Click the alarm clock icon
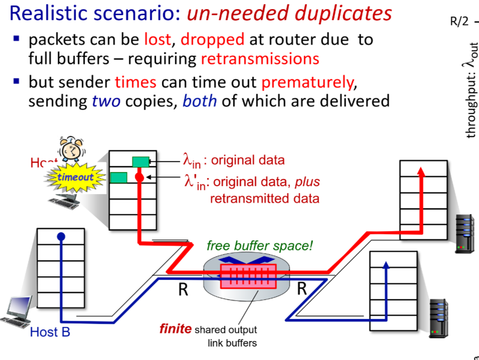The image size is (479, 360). click(71, 150)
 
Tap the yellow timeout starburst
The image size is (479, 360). click(75, 177)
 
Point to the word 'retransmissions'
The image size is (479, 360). click(260, 59)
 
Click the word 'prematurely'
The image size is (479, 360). click(307, 81)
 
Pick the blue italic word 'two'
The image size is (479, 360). click(106, 101)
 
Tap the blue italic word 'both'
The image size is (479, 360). click(199, 101)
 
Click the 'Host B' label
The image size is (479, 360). click(50, 332)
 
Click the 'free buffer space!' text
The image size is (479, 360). click(260, 246)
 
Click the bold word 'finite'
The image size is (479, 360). click(175, 329)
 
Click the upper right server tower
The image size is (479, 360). click(464, 234)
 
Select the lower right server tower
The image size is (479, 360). click(439, 318)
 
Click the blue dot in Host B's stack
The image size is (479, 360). click(61, 236)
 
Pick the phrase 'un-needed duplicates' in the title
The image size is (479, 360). click(289, 14)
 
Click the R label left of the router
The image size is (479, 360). click(183, 290)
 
